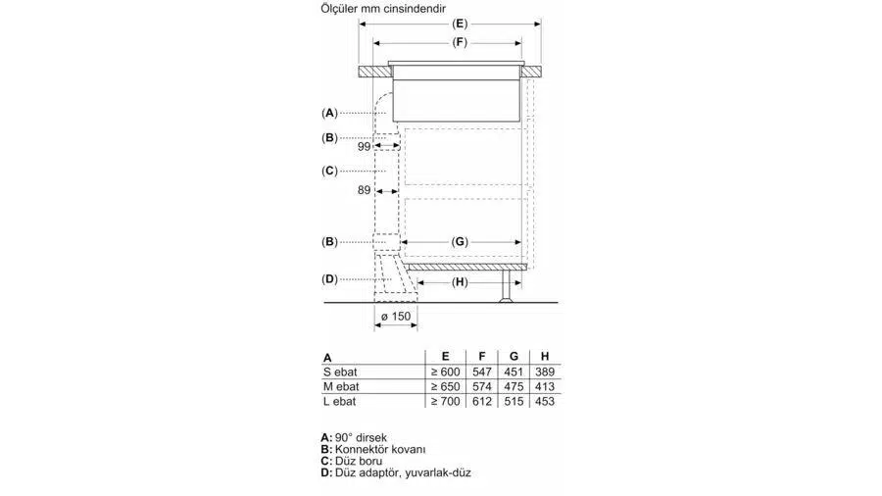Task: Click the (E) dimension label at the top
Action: (x=460, y=24)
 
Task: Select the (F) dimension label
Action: (x=460, y=43)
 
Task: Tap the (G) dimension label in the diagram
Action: (x=460, y=242)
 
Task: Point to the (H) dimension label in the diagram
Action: (x=460, y=281)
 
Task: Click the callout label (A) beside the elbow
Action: (x=329, y=113)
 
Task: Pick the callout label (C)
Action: (x=329, y=171)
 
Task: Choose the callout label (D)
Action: (x=329, y=279)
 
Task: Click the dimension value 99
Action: (x=364, y=146)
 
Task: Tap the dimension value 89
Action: (x=364, y=190)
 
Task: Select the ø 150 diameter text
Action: (x=396, y=317)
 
